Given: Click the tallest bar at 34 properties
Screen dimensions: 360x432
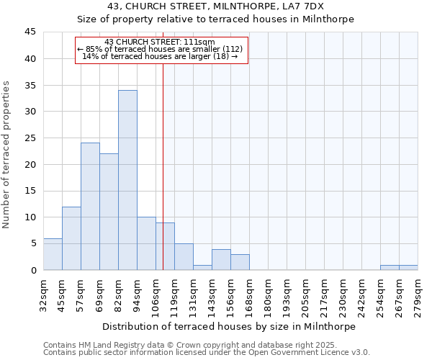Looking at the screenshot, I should click(x=127, y=180).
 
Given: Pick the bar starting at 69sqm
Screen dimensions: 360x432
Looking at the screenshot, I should click(x=109, y=212).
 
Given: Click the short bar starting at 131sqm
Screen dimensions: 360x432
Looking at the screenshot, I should click(x=202, y=267).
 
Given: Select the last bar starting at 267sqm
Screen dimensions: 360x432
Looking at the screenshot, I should click(x=408, y=267).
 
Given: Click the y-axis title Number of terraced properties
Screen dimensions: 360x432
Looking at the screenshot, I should click(x=6, y=155).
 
